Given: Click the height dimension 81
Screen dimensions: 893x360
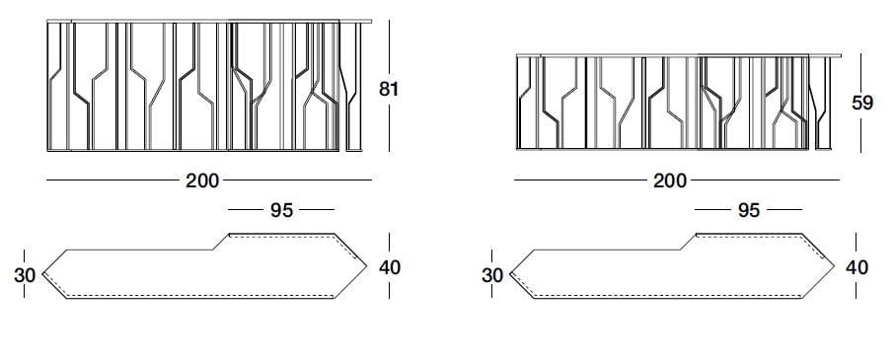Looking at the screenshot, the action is [389, 89].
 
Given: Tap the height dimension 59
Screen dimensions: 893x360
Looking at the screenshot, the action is [863, 102].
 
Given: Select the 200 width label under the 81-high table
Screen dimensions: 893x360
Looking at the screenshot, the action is [202, 180].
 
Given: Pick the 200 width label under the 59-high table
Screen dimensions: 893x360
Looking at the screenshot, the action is [670, 180].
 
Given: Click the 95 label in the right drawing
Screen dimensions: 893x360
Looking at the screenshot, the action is [748, 210].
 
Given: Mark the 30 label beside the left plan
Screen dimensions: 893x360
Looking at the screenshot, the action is [25, 276].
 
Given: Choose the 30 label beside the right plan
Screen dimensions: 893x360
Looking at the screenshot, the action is [492, 276].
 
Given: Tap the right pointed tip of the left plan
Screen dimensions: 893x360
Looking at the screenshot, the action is [364, 266].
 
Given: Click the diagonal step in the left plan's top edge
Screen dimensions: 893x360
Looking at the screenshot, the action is [219, 243].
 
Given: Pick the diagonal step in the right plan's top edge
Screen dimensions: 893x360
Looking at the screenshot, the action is [687, 243].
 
